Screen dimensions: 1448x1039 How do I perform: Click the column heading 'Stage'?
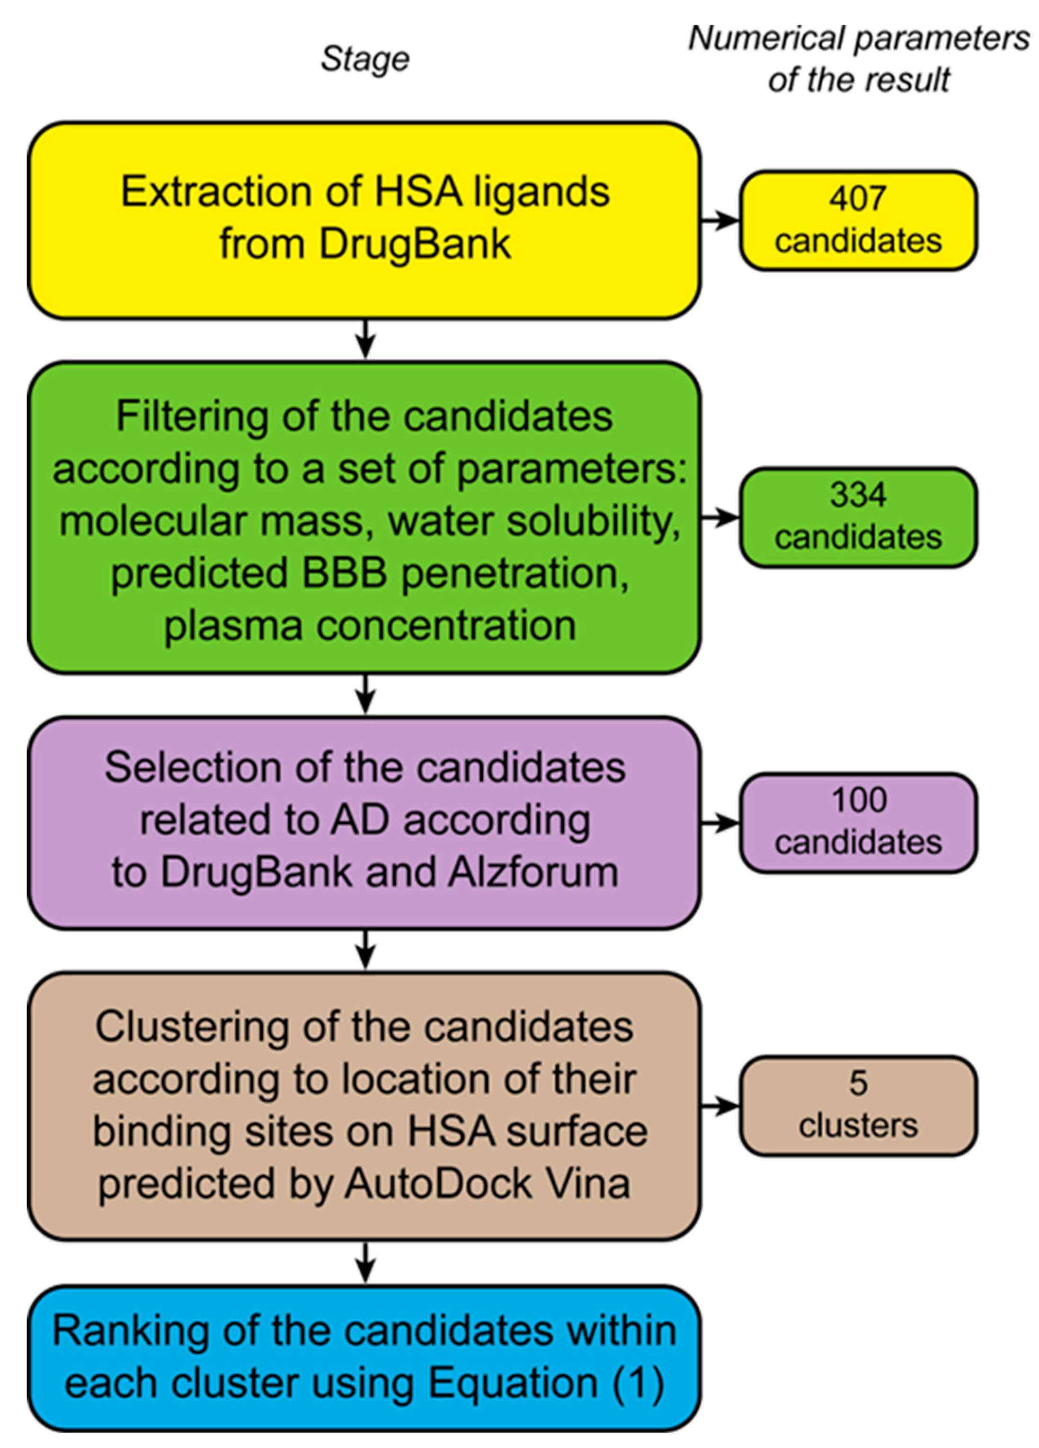tap(364, 59)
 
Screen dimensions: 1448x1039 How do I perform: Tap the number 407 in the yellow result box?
tap(858, 198)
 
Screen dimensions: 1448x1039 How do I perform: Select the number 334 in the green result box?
tap(858, 495)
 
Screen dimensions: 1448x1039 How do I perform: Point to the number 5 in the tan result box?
tap(858, 1084)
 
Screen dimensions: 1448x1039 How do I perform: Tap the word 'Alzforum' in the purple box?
tap(533, 872)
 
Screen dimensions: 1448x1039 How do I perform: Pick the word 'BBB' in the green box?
tap(345, 573)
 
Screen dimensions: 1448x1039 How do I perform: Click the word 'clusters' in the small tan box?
tap(858, 1125)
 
